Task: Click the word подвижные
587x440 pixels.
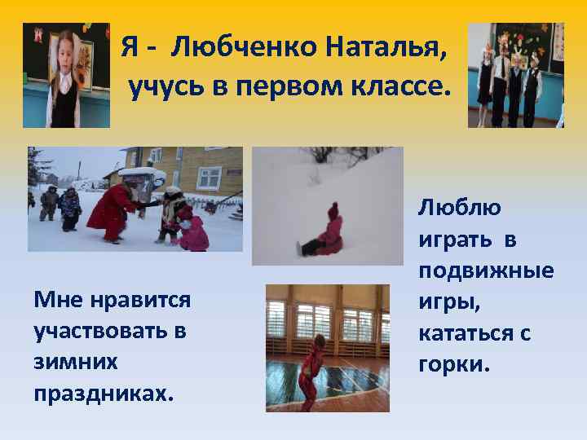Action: coord(486,270)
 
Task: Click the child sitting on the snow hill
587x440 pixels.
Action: coord(326,231)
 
